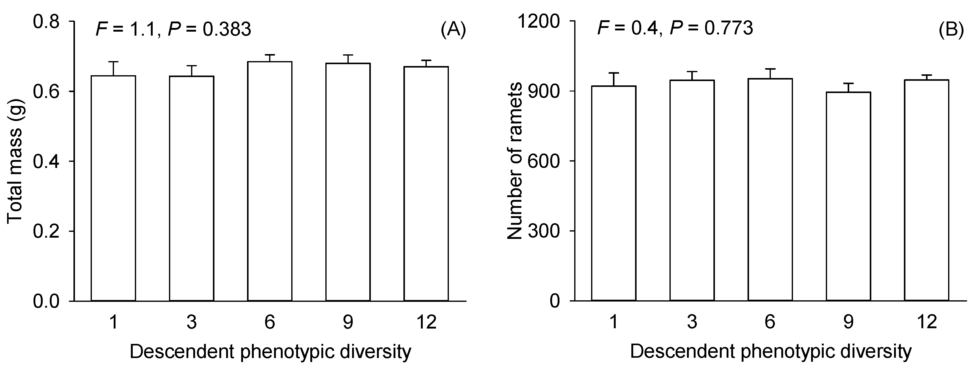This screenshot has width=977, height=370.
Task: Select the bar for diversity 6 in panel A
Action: pos(270,181)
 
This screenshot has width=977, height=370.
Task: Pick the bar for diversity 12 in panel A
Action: pos(426,184)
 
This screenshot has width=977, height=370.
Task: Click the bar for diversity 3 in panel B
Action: pos(692,190)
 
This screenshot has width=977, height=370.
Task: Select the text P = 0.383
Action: pos(209,29)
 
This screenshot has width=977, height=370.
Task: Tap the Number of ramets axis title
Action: pos(515,161)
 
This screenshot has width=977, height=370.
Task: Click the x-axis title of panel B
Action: pos(770,352)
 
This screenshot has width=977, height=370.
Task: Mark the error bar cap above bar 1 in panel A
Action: pos(113,62)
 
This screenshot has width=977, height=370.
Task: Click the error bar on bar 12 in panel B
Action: pos(927,77)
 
